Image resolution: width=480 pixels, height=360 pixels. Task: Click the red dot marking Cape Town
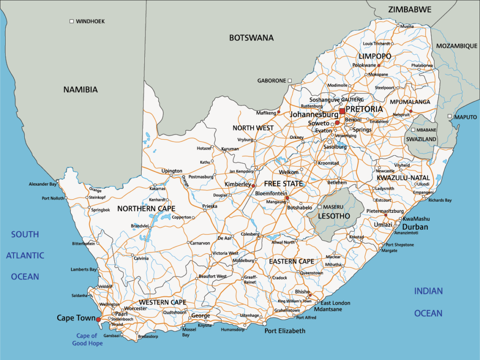98,320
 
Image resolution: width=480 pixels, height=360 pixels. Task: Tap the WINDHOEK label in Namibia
90,22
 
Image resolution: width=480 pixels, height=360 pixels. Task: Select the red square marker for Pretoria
342,111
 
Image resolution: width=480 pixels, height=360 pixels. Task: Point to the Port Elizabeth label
285,331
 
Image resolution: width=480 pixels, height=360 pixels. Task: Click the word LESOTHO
334,216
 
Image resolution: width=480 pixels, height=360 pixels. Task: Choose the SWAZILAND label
421,139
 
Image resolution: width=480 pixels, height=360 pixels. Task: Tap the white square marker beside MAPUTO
450,116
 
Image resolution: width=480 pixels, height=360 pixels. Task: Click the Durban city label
415,227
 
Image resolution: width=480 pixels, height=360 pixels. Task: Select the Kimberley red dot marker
254,186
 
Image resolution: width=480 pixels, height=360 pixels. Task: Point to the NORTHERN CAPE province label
146,209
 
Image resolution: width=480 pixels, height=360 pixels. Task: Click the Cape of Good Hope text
87,339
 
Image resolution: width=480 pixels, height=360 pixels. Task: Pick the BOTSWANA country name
251,38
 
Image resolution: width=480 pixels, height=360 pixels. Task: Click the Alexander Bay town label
43,184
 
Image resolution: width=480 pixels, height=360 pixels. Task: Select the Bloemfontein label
271,193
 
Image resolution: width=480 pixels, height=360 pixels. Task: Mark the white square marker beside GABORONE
290,81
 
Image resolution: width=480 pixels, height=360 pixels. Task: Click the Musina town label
406,26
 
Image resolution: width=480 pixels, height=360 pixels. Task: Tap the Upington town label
172,171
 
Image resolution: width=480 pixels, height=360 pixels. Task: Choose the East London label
335,303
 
